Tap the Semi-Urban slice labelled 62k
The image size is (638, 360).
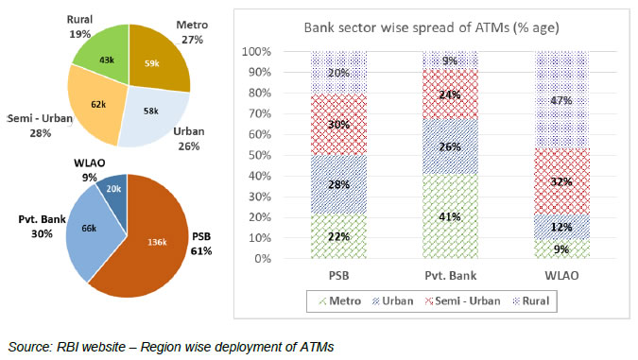[97, 105]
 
